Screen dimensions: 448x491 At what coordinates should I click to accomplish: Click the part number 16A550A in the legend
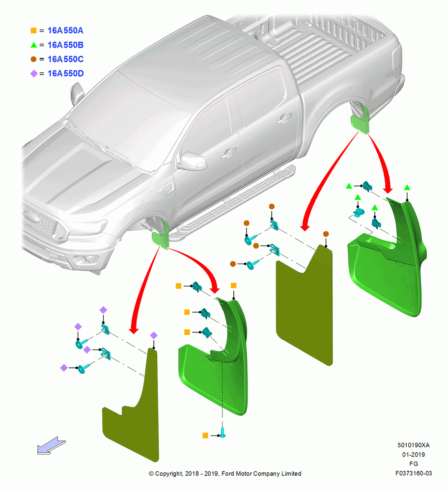(x=65, y=30)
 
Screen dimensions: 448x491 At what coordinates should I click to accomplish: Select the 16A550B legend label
(x=65, y=45)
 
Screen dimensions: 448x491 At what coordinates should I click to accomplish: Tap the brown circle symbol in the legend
(x=33, y=59)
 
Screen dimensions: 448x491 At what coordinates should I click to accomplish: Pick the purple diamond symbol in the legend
(x=34, y=74)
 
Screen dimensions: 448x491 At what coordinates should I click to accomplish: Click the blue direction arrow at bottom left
(x=52, y=445)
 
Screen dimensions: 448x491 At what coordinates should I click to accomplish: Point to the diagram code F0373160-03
(x=414, y=473)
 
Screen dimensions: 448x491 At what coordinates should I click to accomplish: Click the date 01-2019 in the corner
(x=414, y=454)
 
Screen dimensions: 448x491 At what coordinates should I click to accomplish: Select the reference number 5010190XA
(x=414, y=445)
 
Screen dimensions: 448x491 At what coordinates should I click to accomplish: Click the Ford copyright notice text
(x=225, y=473)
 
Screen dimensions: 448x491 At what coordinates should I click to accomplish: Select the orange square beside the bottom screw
(x=205, y=435)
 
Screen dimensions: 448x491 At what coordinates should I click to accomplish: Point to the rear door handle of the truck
(x=284, y=118)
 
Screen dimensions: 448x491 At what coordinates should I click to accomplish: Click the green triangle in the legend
(x=33, y=45)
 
